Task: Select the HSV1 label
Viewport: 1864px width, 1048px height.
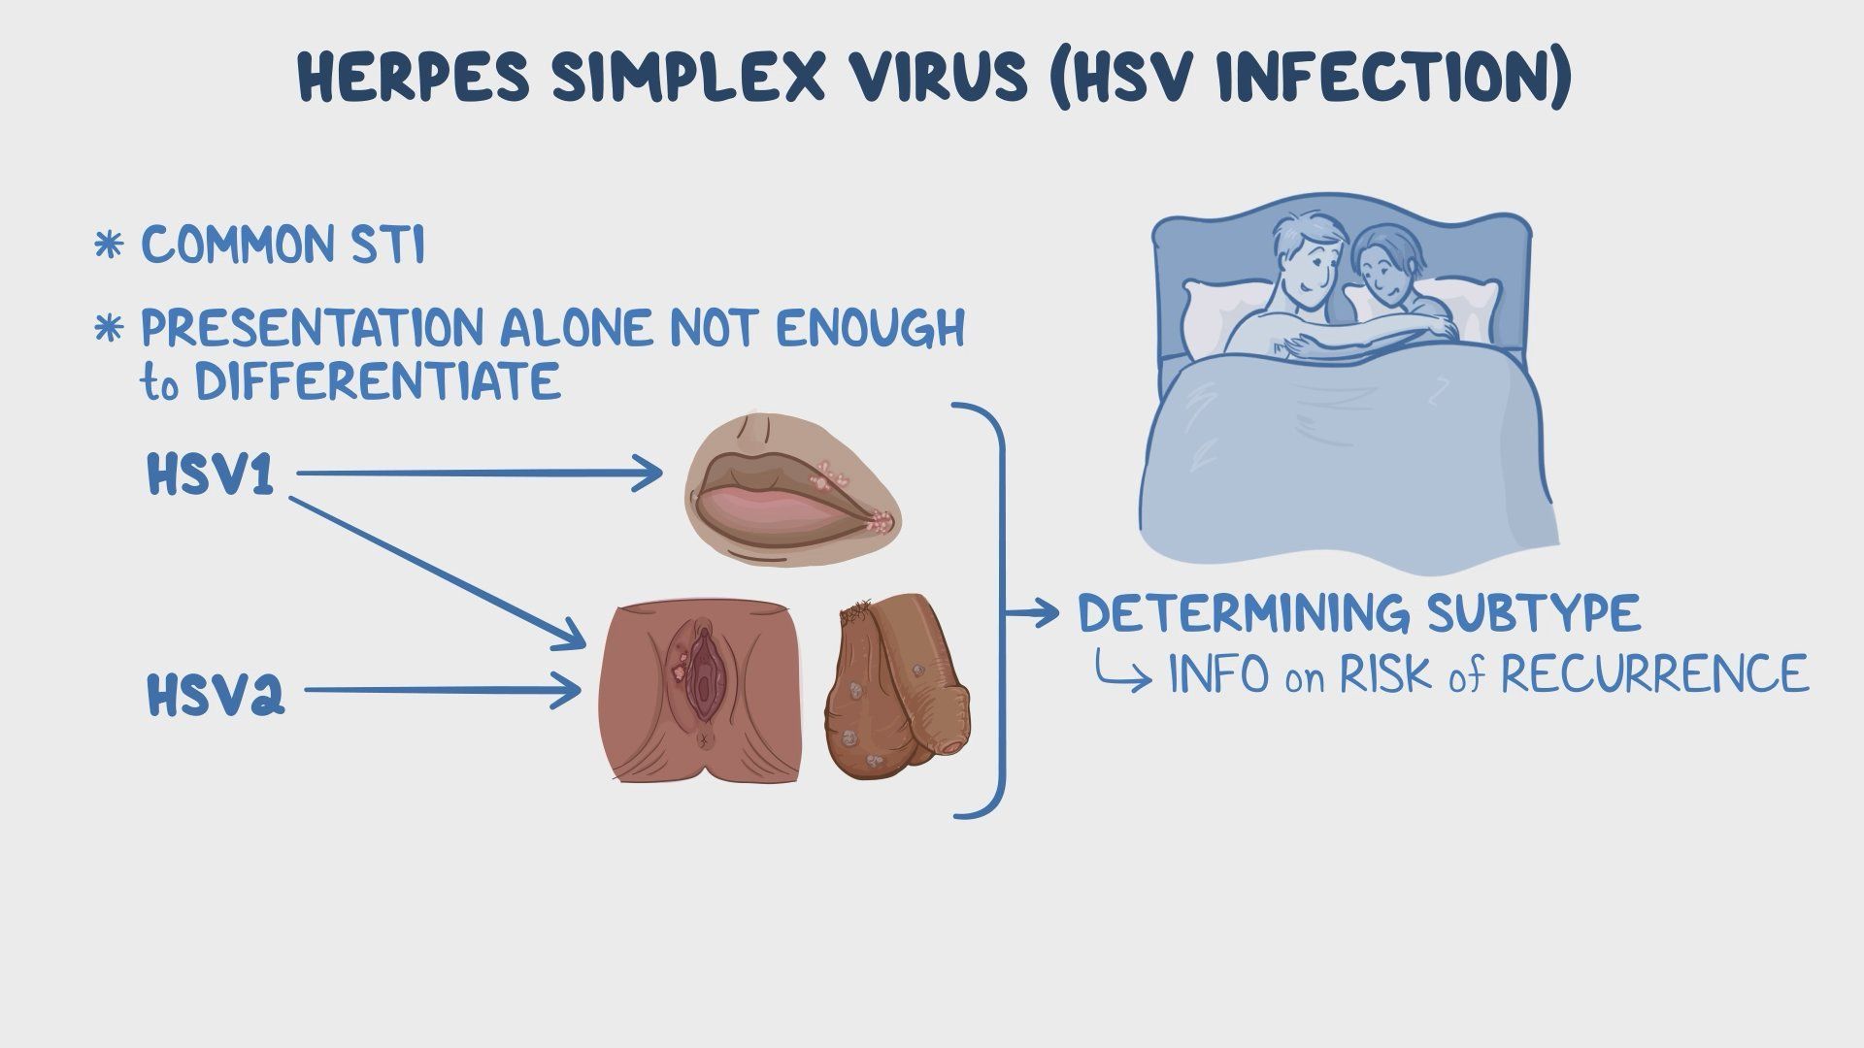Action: point(210,475)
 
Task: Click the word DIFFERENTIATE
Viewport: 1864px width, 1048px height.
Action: point(379,380)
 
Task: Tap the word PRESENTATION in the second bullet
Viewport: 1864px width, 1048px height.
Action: point(311,328)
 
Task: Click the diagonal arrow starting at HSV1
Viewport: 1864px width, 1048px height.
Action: point(437,573)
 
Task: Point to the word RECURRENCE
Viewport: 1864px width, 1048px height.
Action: point(1654,673)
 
